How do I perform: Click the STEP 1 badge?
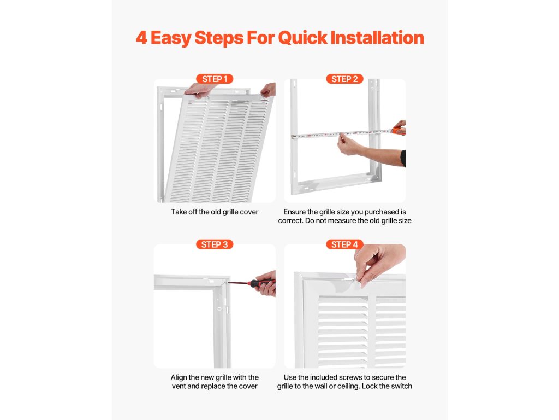click(x=215, y=79)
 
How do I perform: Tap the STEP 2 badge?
click(x=344, y=79)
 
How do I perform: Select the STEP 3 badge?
click(x=215, y=244)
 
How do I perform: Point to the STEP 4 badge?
click(x=344, y=244)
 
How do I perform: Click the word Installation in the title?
click(x=377, y=38)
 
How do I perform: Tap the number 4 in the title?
click(x=141, y=38)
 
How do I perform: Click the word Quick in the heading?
click(x=302, y=38)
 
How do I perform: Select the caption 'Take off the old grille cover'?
click(x=215, y=212)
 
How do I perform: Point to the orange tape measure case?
click(x=399, y=131)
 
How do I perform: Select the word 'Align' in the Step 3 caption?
click(x=179, y=377)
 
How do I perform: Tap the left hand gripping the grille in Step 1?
click(x=201, y=90)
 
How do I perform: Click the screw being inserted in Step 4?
click(x=353, y=280)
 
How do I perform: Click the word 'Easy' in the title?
click(x=171, y=38)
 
